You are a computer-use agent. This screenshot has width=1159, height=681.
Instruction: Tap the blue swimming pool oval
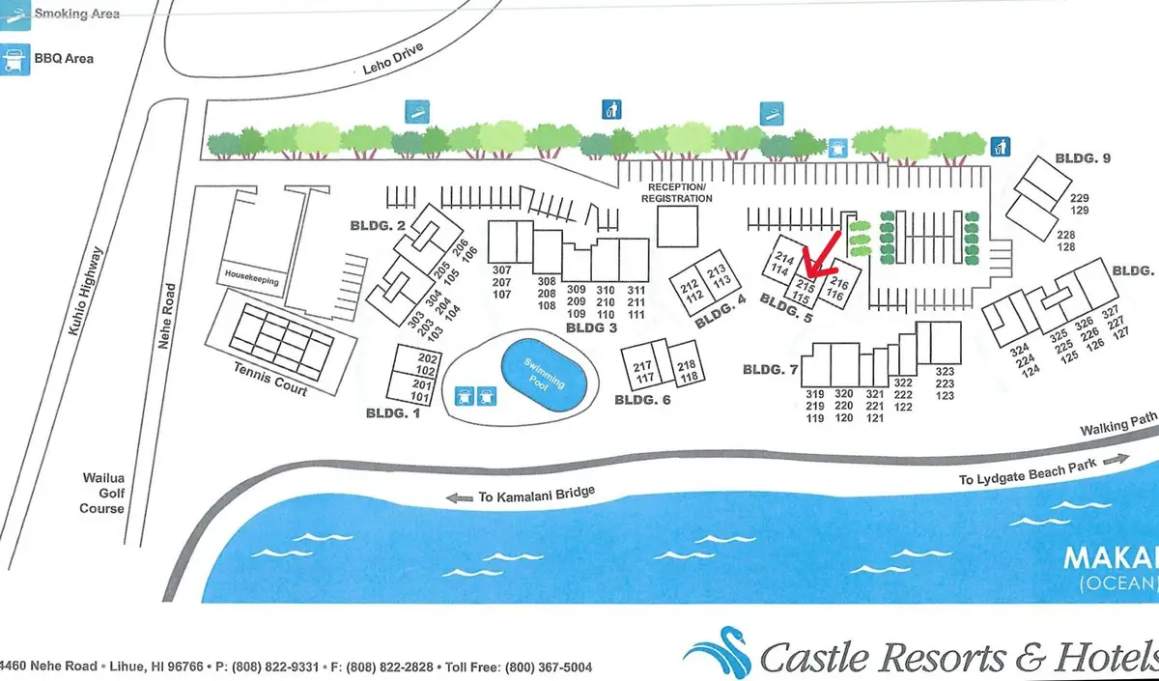click(x=547, y=375)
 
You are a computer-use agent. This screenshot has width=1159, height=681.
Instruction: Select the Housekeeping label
click(x=252, y=276)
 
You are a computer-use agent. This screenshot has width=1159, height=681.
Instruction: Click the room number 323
click(x=945, y=372)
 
